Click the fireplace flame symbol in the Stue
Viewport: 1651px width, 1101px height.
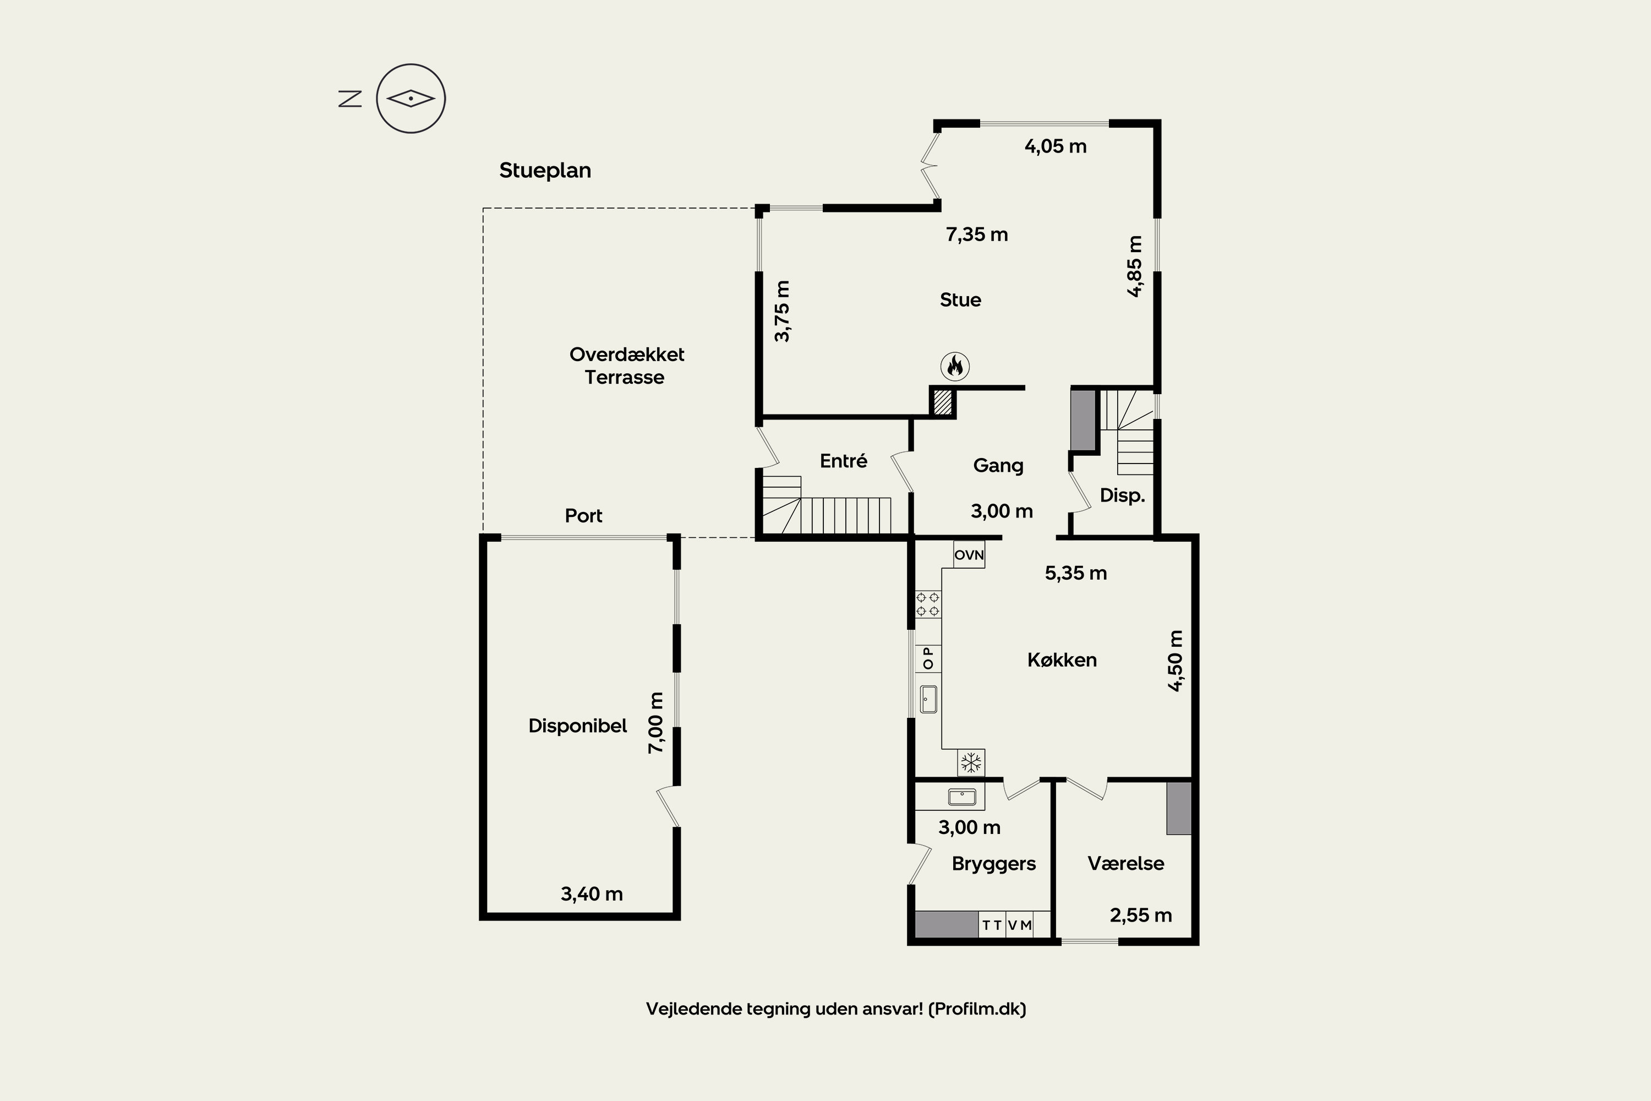pos(955,366)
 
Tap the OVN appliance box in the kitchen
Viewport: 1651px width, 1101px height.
pos(969,555)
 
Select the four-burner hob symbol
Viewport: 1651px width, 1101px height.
pos(928,604)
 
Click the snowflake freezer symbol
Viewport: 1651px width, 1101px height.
pos(971,762)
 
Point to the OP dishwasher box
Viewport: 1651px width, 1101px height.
pos(928,658)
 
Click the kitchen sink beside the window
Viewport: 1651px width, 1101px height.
pos(928,699)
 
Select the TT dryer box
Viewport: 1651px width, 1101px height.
pos(992,925)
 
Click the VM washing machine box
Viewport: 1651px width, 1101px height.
pos(1020,925)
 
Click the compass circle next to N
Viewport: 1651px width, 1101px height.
pos(411,99)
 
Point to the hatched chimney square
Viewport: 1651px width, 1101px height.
pos(942,403)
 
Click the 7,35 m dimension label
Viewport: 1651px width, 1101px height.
pos(976,235)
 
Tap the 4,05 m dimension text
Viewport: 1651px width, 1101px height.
pos(1055,147)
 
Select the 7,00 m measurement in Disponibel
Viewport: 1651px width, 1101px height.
pos(655,723)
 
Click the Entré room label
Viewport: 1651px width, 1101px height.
pos(843,461)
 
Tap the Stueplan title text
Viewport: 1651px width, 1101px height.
pos(545,171)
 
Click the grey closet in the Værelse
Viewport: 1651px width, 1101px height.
pos(1179,808)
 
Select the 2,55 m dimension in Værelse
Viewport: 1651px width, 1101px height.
pos(1140,915)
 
